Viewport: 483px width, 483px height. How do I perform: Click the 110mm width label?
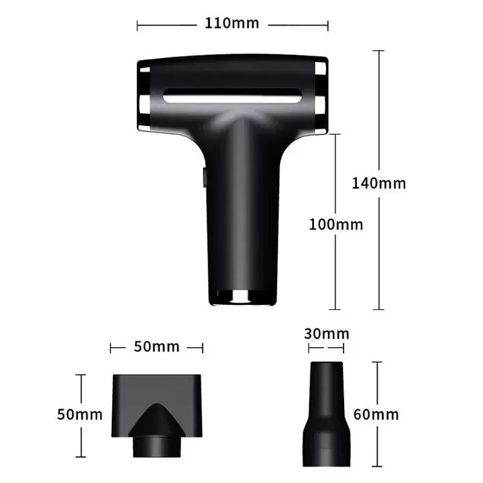(x=232, y=24)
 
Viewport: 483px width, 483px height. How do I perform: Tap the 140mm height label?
(x=379, y=183)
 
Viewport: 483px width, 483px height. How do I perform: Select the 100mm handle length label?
(x=336, y=225)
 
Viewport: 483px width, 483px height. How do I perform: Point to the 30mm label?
(x=326, y=334)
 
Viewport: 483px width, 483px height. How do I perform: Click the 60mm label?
(x=376, y=415)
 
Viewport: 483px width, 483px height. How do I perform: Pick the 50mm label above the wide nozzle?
(x=156, y=347)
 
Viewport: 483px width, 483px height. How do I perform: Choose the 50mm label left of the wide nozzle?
(x=80, y=415)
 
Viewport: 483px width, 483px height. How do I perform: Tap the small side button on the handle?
(x=203, y=177)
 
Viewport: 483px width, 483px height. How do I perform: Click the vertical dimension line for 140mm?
(x=379, y=121)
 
